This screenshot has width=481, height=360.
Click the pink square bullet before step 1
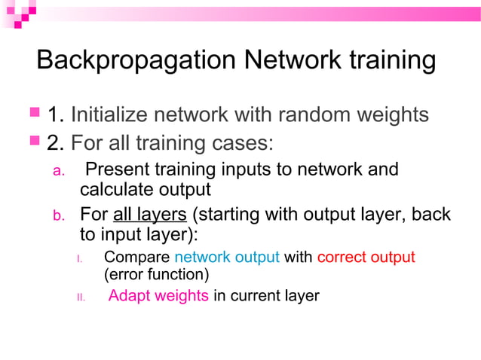pyautogui.click(x=34, y=114)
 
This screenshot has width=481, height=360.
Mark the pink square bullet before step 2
pyautogui.click(x=34, y=140)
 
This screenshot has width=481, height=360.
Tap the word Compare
pyautogui.click(x=136, y=258)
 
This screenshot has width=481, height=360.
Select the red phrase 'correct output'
pyautogui.click(x=366, y=258)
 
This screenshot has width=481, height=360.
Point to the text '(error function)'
pyautogui.click(x=156, y=275)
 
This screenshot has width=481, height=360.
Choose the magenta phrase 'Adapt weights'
pyautogui.click(x=158, y=295)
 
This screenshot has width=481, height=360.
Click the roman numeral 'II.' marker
pyautogui.click(x=81, y=297)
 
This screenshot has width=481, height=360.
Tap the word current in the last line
pyautogui.click(x=256, y=295)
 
